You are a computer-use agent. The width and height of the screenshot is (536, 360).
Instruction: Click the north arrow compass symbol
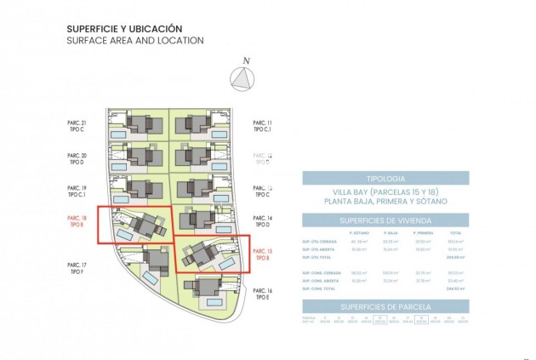245,77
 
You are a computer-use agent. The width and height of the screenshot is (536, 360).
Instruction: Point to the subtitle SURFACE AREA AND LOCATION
134,40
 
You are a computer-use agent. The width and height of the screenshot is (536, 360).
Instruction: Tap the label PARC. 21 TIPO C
77,127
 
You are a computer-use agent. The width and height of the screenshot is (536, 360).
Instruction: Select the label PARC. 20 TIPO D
77,159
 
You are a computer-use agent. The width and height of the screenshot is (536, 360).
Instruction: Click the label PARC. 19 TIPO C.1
77,191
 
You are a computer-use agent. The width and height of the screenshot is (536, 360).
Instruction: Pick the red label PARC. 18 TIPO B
77,222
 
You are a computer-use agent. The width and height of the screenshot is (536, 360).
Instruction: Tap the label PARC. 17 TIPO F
77,268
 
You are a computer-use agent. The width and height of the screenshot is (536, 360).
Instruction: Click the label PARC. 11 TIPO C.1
263,127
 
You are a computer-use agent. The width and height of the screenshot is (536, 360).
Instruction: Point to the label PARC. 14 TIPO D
263,222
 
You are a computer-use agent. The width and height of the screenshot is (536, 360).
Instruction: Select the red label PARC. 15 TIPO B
263,254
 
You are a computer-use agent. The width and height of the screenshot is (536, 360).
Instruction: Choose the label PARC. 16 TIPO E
263,294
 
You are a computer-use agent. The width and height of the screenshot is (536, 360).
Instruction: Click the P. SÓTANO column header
358,233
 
